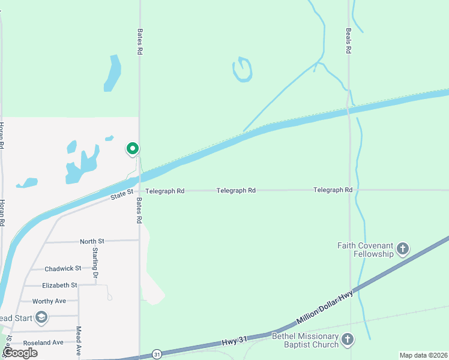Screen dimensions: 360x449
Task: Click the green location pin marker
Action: click(132, 148)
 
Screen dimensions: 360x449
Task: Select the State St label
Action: click(122, 194)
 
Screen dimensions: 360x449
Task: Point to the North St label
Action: click(92, 241)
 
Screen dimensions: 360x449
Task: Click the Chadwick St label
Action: click(62, 268)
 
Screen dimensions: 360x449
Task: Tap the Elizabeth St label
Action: click(59, 286)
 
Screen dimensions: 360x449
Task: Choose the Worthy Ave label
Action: click(49, 301)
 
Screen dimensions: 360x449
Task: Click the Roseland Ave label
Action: click(43, 343)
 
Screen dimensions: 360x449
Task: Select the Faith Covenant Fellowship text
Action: click(366, 250)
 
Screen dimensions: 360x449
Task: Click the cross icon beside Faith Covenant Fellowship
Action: click(403, 249)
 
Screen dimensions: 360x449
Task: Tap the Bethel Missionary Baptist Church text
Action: click(306, 340)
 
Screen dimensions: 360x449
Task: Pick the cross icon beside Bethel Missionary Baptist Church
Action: click(348, 340)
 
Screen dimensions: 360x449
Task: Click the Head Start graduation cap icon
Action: click(41, 317)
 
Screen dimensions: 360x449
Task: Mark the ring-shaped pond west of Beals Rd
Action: click(241, 70)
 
